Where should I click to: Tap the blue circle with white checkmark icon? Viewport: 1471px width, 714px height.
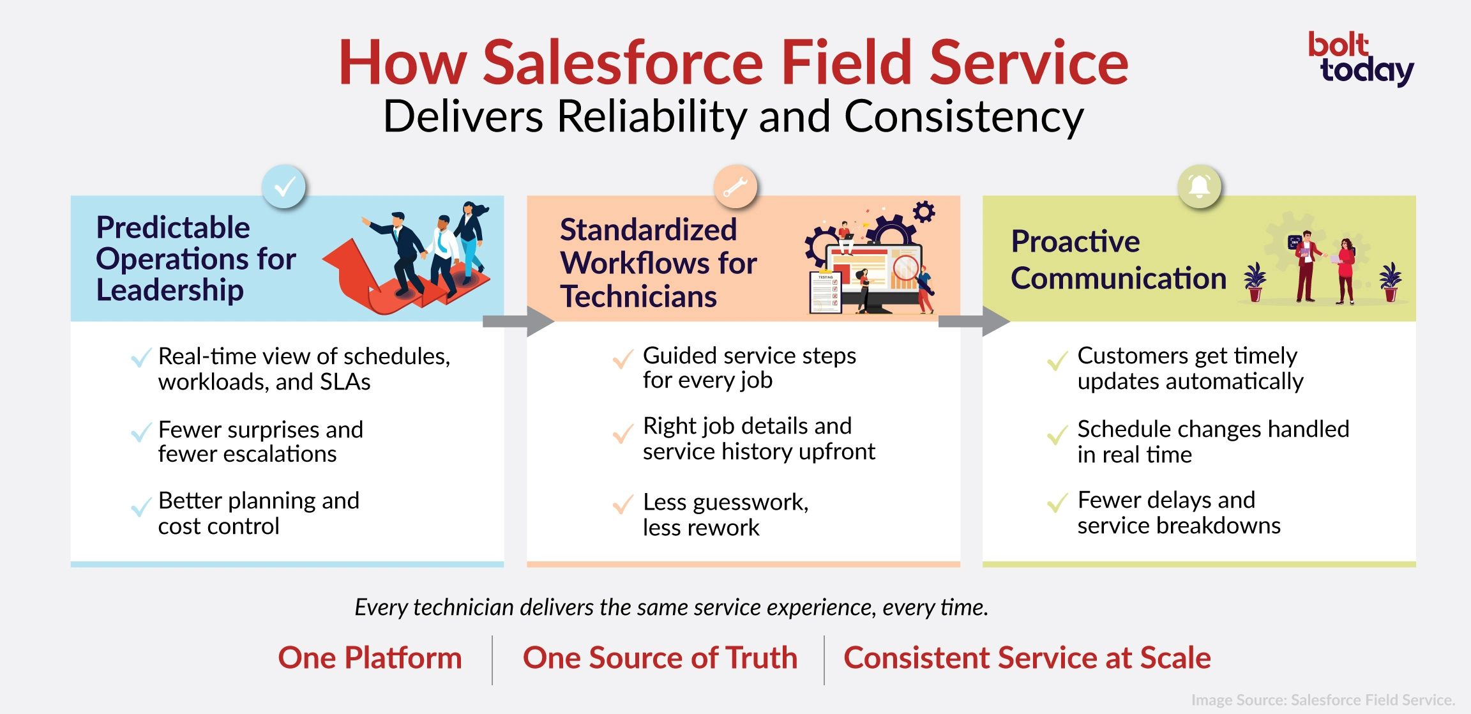pos(284,186)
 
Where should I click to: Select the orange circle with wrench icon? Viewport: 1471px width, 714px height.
pos(735,186)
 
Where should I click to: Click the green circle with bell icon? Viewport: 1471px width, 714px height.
pos(1199,186)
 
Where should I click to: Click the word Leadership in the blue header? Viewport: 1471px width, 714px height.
pos(170,290)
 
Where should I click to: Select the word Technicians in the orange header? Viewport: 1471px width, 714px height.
pos(638,297)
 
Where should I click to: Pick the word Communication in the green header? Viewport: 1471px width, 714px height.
pos(1119,278)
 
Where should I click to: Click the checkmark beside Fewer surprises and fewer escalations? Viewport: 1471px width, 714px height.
pos(140,432)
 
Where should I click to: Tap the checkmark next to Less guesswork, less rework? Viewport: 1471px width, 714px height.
pos(622,505)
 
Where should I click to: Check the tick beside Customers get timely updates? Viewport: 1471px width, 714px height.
pos(1057,361)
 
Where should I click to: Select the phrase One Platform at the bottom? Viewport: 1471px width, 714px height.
pos(370,658)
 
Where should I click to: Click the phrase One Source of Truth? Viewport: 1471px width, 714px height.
pos(660,658)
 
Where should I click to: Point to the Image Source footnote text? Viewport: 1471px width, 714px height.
pos(1323,700)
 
